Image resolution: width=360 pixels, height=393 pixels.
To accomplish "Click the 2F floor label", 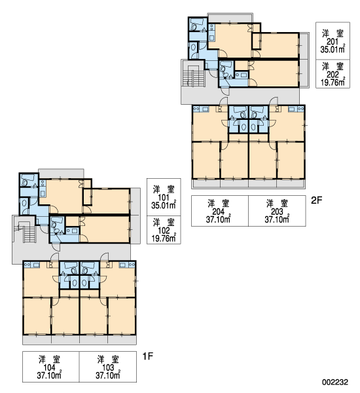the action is [x=316, y=200].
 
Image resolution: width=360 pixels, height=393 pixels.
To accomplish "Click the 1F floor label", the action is [x=148, y=356].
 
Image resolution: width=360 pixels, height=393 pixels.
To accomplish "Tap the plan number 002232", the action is [x=335, y=382].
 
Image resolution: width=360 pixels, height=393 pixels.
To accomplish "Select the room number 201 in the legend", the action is [x=333, y=42].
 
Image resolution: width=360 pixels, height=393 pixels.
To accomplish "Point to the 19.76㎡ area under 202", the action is [x=333, y=82].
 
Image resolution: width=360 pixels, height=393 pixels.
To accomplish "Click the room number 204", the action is [x=218, y=212].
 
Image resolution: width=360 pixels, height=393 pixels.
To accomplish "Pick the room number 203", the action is [x=277, y=212].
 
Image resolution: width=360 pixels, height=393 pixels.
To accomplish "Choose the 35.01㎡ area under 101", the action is [x=164, y=205].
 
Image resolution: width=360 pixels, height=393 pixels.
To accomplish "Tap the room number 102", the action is [x=164, y=231].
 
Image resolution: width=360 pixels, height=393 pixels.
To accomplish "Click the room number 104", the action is [x=49, y=367].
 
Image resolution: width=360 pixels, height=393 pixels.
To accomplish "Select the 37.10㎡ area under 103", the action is [x=108, y=375].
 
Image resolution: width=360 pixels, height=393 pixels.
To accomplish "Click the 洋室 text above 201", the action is [x=333, y=33].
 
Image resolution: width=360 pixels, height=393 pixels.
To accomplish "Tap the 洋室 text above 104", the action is [x=49, y=359].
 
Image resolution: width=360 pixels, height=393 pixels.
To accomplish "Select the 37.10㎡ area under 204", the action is [x=218, y=219].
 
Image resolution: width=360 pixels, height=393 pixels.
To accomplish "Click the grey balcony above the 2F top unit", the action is [x=230, y=18].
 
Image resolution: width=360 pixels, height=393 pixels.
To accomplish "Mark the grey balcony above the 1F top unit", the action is [x=61, y=174].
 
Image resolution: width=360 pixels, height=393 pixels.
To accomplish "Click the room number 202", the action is [x=333, y=75].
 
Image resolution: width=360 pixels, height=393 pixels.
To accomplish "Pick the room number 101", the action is [x=164, y=198].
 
